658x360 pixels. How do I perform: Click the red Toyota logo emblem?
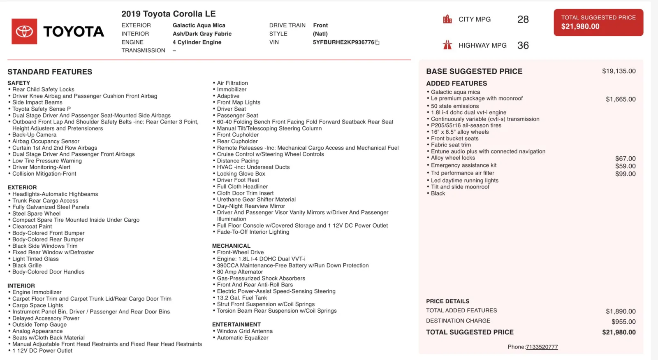(24, 31)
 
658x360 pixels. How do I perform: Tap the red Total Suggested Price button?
(598, 22)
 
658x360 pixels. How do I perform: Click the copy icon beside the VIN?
(377, 42)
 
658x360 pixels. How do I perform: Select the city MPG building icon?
(447, 19)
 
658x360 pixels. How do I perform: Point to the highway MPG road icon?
(447, 45)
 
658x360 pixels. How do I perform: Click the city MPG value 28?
(523, 19)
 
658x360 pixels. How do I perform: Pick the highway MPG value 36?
(523, 45)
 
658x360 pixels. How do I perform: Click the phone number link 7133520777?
(542, 347)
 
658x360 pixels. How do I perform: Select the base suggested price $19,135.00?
(619, 71)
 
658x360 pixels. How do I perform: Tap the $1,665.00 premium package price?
(621, 99)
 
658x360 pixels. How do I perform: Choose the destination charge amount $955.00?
(623, 322)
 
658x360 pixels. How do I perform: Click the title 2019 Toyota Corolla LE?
(169, 14)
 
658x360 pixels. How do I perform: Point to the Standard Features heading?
(50, 72)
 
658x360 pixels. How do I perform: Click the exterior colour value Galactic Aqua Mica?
(199, 26)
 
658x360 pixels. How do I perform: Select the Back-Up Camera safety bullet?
(34, 135)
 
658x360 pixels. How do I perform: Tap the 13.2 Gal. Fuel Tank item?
(242, 298)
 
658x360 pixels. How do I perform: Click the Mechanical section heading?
(231, 246)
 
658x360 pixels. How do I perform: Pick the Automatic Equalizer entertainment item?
(243, 338)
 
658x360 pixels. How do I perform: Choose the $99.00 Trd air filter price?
(625, 174)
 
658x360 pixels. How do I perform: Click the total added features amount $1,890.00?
(621, 311)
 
